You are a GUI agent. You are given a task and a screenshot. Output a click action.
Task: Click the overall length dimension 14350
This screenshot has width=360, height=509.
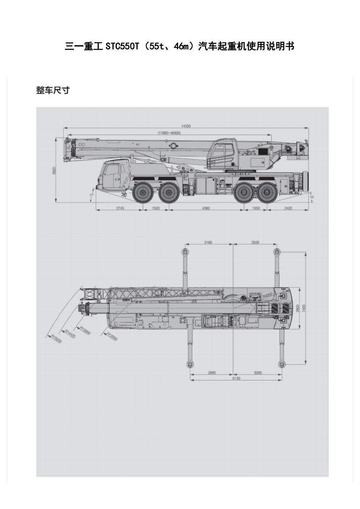pyautogui.click(x=185, y=126)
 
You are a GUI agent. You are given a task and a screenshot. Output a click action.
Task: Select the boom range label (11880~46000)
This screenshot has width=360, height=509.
pyautogui.click(x=169, y=133)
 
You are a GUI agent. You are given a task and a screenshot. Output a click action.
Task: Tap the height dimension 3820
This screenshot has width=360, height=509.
pyautogui.click(x=54, y=171)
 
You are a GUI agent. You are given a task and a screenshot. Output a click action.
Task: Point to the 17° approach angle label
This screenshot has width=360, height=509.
pyautogui.click(x=91, y=195)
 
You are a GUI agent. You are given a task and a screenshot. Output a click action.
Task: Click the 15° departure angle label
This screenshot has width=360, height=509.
pyautogui.click(x=311, y=197)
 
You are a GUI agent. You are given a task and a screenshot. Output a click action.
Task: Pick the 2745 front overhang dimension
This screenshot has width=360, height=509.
pyautogui.click(x=120, y=208)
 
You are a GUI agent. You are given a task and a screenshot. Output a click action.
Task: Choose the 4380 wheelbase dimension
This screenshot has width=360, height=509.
pyautogui.click(x=205, y=208)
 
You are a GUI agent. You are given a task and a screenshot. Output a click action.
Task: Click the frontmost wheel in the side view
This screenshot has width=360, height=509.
pyautogui.click(x=143, y=193)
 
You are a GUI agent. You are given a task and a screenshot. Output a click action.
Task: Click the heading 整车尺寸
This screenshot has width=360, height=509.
pyautogui.click(x=53, y=91)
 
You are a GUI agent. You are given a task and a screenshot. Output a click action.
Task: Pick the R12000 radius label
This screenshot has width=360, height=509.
pyautogui.click(x=112, y=336)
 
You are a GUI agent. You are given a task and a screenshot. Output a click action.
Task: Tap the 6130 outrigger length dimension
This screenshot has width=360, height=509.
pyautogui.click(x=236, y=378)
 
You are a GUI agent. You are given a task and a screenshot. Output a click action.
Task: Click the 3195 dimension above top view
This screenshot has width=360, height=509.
pyautogui.click(x=208, y=242)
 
